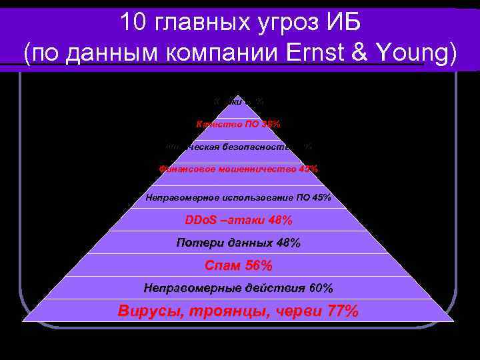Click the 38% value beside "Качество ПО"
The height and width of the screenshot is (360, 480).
269,124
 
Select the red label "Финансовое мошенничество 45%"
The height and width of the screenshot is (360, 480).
239,169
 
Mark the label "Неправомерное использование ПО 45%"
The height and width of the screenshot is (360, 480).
238,197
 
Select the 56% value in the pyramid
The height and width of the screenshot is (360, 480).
259,266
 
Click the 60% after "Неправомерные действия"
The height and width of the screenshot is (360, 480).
321,288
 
